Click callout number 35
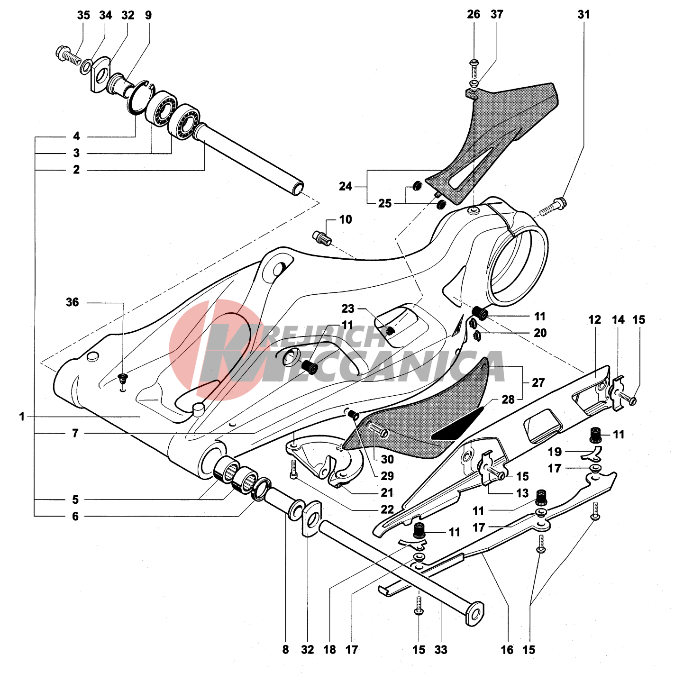(83, 15)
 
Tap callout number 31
(583, 15)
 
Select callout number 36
(72, 302)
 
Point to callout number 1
(22, 417)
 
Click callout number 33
(441, 650)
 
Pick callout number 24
(346, 186)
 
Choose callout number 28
(508, 400)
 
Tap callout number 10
(346, 219)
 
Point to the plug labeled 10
(322, 238)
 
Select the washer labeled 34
(86, 67)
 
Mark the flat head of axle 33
(475, 614)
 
